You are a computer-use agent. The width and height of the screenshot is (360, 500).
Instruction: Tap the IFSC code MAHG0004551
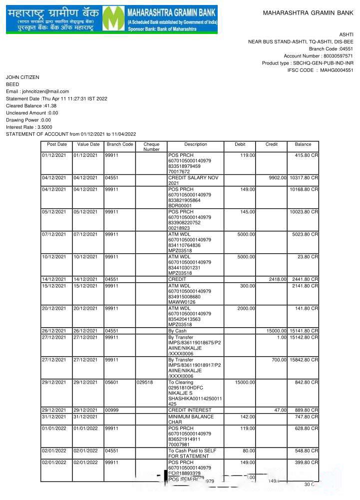(x=337, y=70)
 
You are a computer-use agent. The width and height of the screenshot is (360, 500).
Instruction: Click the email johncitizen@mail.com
(x=45, y=91)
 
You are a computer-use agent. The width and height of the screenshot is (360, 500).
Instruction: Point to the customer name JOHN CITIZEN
(x=22, y=77)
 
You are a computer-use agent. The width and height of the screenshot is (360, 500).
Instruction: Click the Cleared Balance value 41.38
(x=50, y=106)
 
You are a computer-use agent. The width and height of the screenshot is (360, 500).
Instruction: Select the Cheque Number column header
(x=151, y=147)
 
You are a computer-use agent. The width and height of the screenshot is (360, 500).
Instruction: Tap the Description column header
(x=195, y=144)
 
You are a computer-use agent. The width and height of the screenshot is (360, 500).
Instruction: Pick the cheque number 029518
(x=145, y=383)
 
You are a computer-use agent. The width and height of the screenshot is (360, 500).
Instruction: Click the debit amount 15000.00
(x=245, y=383)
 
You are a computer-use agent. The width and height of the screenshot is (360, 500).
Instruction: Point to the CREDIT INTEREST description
(x=190, y=410)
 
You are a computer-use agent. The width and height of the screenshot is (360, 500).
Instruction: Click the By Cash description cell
(x=177, y=331)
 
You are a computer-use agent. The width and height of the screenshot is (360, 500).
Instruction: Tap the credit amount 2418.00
(x=278, y=279)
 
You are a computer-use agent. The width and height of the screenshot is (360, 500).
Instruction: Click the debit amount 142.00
(x=248, y=417)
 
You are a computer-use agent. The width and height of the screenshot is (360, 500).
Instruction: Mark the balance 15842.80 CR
(x=304, y=360)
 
